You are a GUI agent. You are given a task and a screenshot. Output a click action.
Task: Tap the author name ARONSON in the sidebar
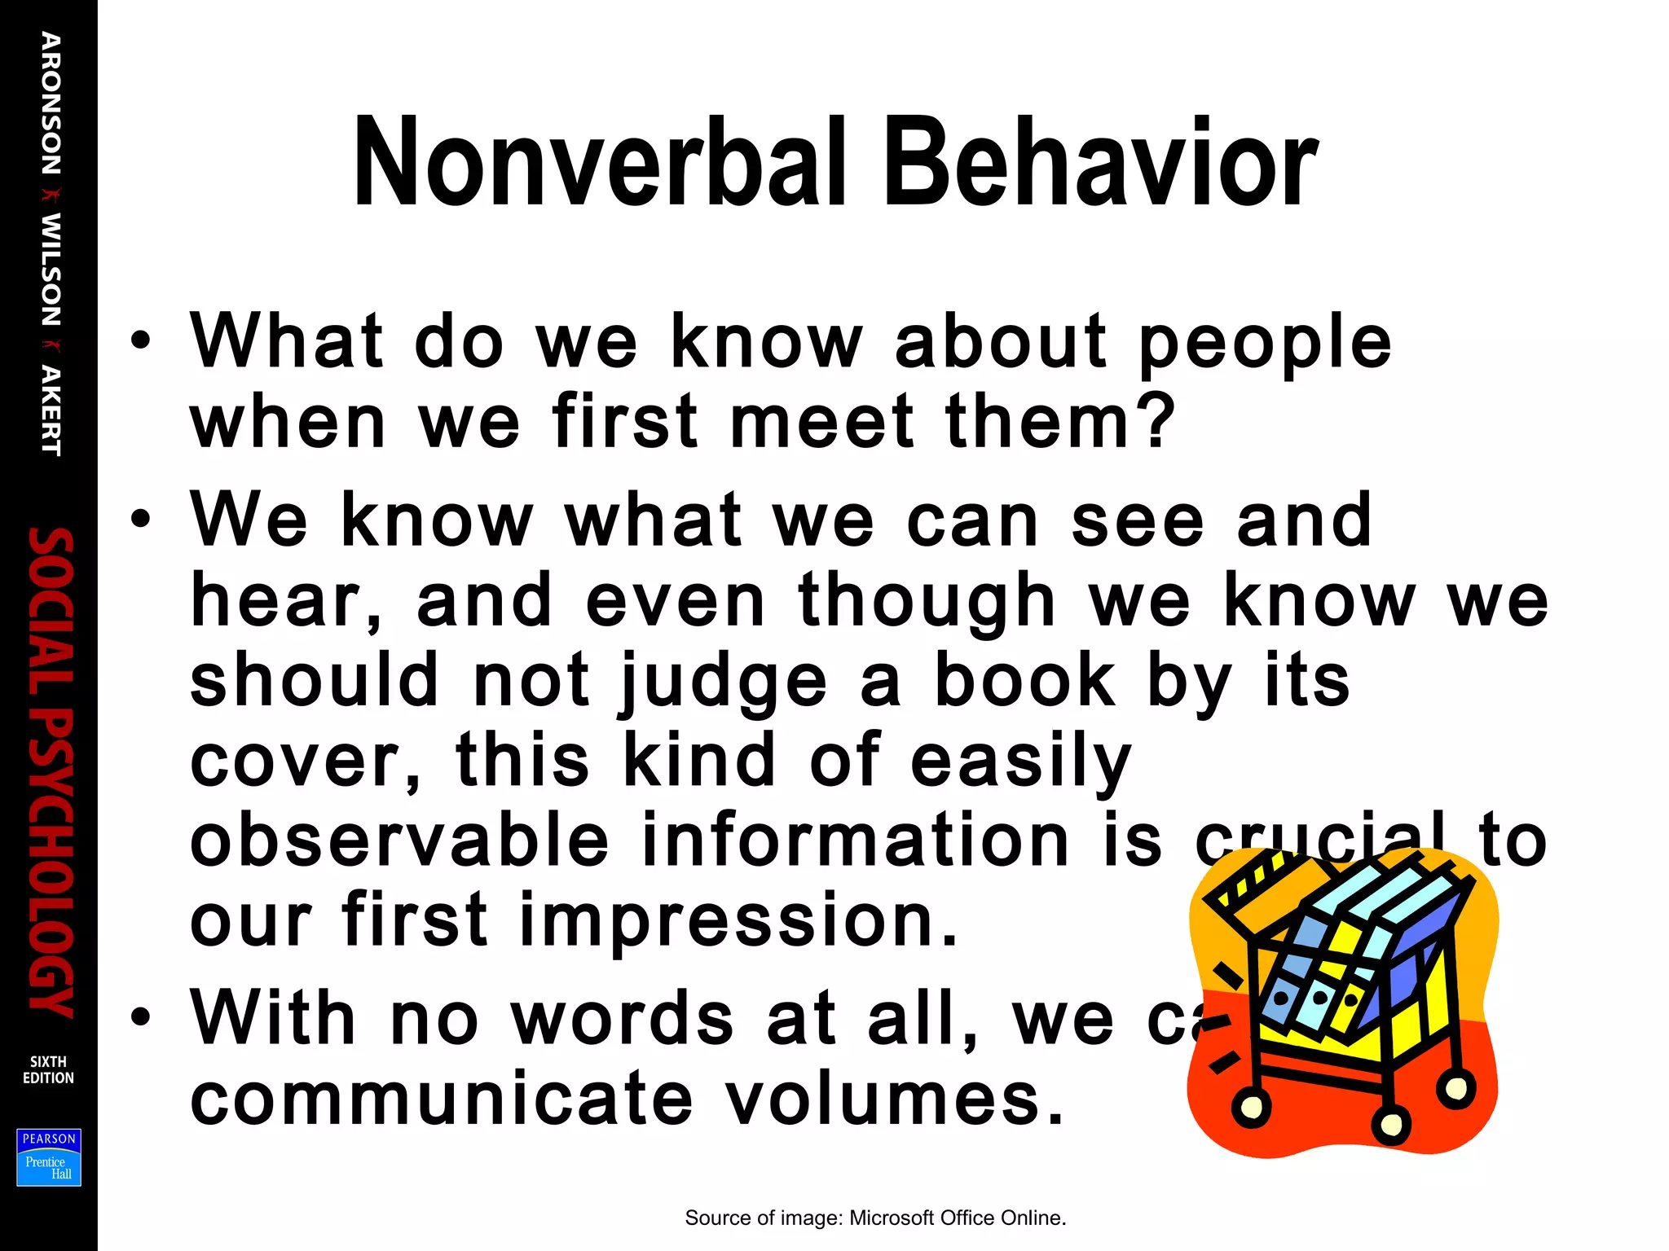coord(51,103)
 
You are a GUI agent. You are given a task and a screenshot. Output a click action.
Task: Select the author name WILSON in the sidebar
coord(51,269)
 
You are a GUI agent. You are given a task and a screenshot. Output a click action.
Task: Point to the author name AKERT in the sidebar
coord(51,410)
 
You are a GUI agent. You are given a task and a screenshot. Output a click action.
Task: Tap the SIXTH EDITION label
coord(48,1069)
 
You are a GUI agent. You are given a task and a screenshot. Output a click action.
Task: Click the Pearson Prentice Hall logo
coord(49,1157)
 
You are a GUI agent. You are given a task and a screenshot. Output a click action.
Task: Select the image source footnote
coord(875,1218)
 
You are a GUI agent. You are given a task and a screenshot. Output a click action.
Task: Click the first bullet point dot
coord(141,340)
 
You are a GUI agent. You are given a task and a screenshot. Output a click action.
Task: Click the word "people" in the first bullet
coord(1265,342)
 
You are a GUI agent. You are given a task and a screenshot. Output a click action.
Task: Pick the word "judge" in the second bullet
coord(724,683)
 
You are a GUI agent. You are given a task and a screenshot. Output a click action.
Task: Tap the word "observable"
coord(399,841)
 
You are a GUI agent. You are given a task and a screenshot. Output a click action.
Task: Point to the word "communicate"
coord(441,1098)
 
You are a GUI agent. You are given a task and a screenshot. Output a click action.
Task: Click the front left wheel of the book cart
coord(1251,1106)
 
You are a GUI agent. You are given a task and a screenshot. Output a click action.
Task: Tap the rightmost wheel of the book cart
coord(1455,1086)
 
